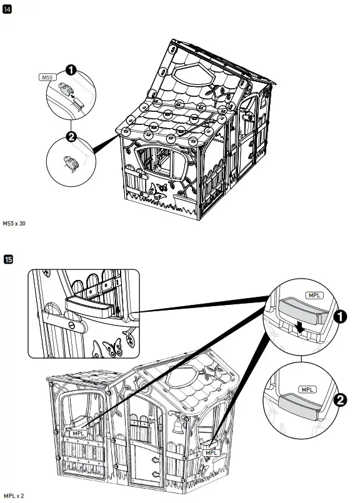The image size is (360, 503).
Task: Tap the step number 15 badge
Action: [7, 258]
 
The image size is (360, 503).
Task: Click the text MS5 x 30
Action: [15, 223]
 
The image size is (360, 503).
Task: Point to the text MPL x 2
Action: [13, 496]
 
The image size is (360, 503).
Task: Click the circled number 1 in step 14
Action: [71, 71]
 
